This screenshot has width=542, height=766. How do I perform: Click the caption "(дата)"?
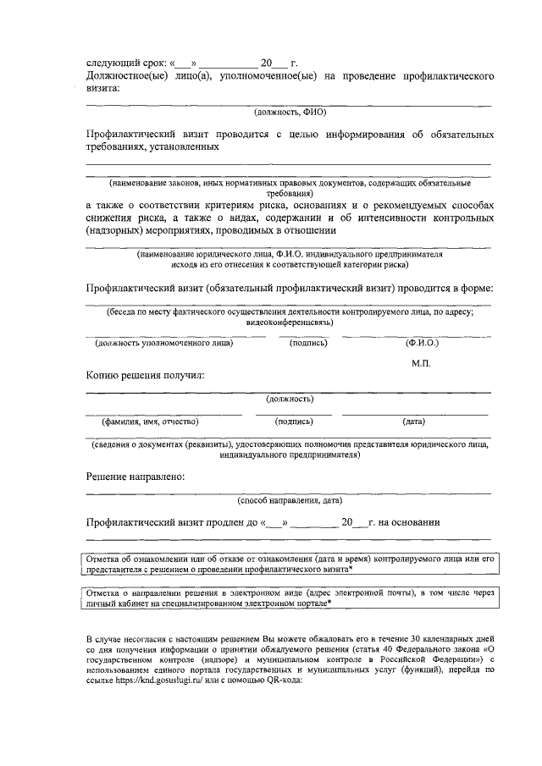(414, 421)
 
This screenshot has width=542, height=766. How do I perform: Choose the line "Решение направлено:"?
(135, 477)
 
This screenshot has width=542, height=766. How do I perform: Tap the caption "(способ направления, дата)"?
(290, 499)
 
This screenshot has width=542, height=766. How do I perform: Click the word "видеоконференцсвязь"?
(289, 322)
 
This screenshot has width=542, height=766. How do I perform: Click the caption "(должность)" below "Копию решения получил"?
(290, 399)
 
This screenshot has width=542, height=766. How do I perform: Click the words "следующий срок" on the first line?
(125, 63)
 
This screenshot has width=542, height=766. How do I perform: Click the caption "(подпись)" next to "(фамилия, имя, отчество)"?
(295, 421)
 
